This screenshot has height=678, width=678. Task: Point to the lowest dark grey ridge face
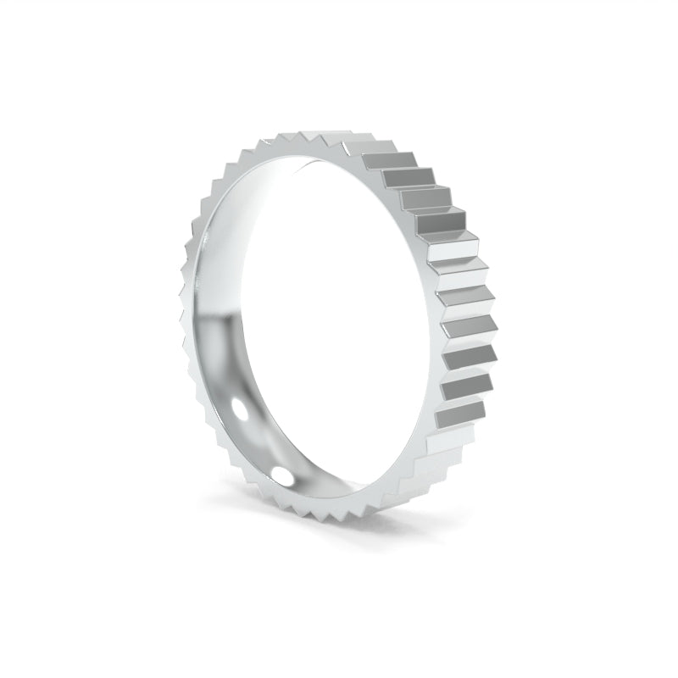[x=462, y=414]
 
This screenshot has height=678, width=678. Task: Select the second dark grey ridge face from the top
[x=407, y=180]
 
